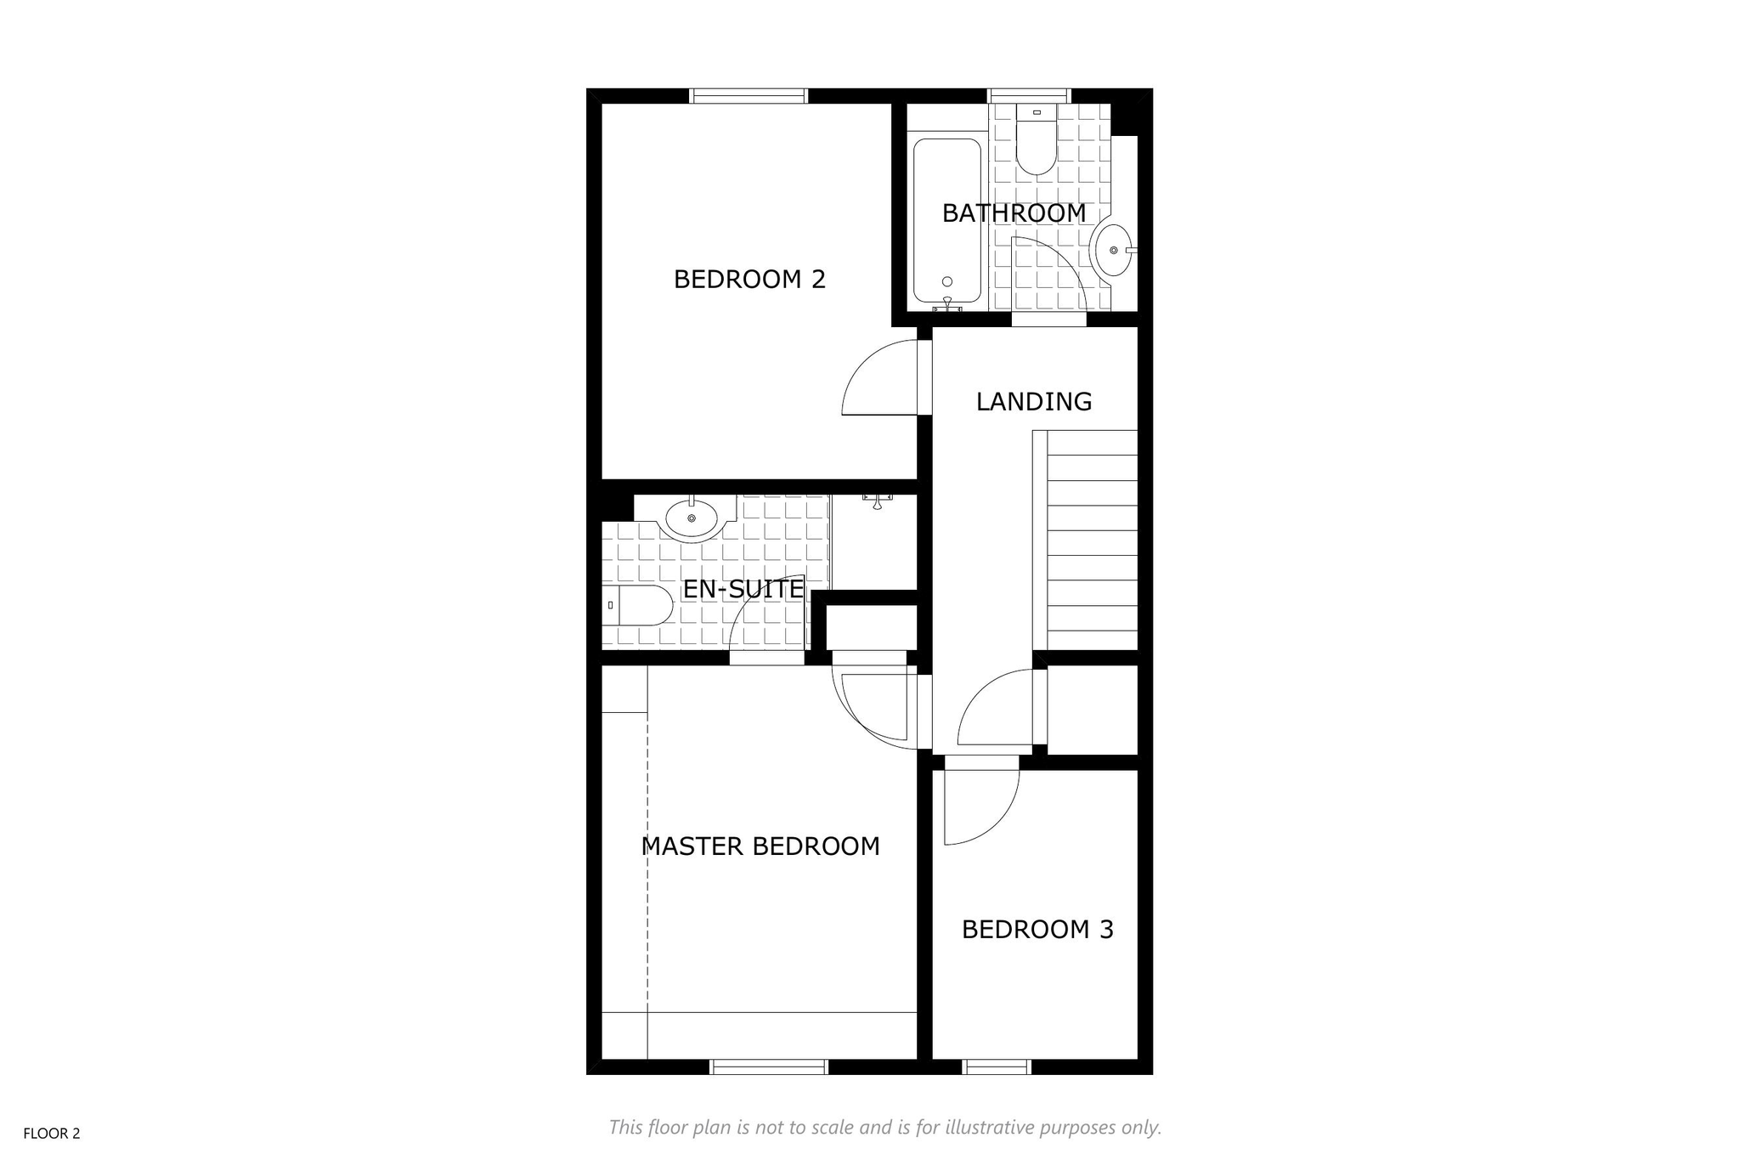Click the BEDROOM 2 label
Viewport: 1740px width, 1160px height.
click(749, 279)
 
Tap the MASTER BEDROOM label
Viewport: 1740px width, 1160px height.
click(760, 846)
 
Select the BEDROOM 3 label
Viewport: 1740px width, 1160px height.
click(1037, 930)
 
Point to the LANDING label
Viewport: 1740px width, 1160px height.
click(1034, 401)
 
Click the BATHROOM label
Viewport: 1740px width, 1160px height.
click(1014, 213)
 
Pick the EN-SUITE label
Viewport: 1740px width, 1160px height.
click(743, 589)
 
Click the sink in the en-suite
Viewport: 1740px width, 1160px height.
click(692, 516)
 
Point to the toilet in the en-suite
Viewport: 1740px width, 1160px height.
click(637, 605)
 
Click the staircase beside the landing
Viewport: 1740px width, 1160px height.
click(1085, 541)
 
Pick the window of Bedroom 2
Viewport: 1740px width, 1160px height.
click(748, 96)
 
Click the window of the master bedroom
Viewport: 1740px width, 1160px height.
click(769, 1067)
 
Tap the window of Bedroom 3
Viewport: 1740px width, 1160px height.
click(997, 1067)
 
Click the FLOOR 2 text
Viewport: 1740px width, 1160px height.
click(52, 1134)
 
